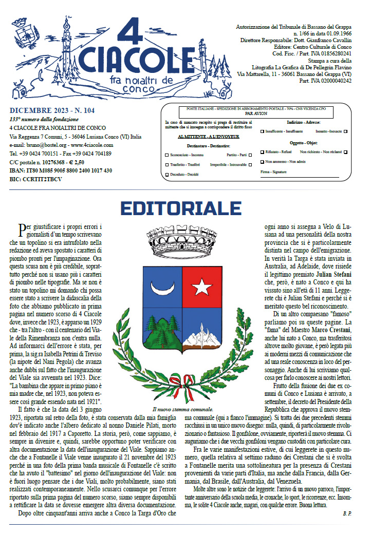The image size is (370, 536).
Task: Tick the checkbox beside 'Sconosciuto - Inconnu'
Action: click(x=166, y=155)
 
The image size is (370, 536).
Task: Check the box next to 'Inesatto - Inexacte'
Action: click(x=345, y=131)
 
